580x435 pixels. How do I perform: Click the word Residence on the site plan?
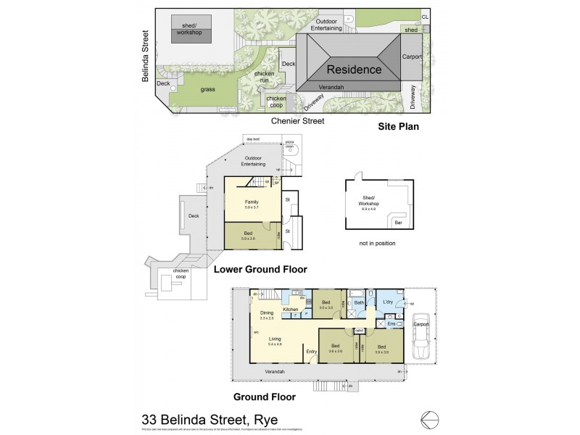(353, 70)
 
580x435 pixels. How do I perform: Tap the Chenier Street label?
(298, 121)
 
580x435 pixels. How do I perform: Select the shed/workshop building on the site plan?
(191, 30)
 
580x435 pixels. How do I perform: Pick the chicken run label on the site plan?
(265, 78)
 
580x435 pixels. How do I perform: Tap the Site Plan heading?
(399, 126)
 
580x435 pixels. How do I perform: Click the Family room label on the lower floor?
(252, 202)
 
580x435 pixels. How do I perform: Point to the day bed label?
(253, 138)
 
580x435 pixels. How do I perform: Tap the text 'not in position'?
(377, 244)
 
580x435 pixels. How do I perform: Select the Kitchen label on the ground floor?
(291, 310)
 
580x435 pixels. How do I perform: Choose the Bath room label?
(358, 302)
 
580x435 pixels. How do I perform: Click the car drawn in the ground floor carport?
(420, 336)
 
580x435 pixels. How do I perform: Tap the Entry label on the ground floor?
(312, 352)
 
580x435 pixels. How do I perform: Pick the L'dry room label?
(387, 302)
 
